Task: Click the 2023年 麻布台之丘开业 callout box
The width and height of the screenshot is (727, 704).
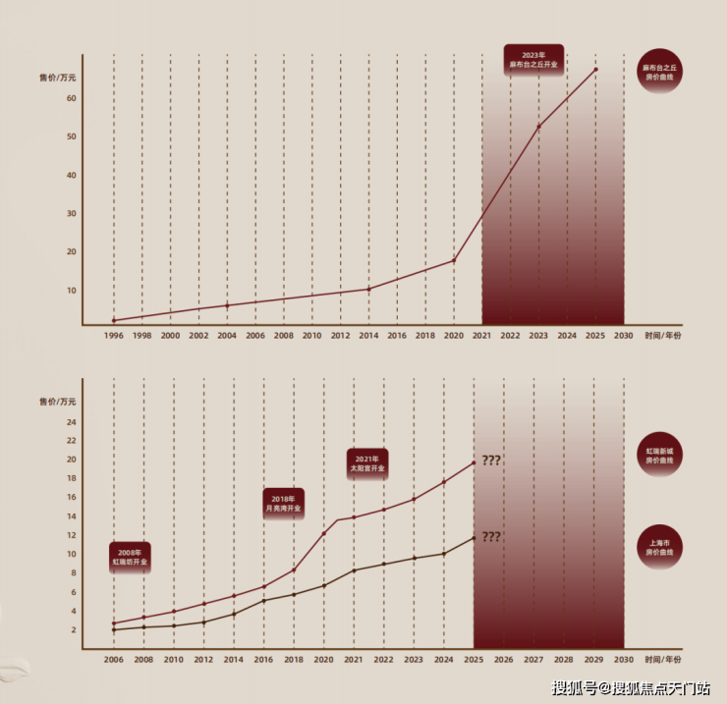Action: click(533, 58)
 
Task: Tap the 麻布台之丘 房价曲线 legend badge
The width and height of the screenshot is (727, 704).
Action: click(660, 72)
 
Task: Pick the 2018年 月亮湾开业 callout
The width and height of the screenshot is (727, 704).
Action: click(284, 505)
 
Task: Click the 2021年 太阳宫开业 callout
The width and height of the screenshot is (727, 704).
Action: click(367, 463)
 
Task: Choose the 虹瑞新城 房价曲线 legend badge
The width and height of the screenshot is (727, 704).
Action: click(660, 455)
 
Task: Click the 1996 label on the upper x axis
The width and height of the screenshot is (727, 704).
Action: click(114, 336)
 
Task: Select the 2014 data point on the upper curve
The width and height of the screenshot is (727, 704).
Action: click(368, 289)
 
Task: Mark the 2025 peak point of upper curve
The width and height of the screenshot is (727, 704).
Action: click(595, 69)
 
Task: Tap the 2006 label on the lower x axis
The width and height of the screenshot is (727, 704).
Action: click(114, 660)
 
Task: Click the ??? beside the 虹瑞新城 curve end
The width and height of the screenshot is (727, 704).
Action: click(491, 460)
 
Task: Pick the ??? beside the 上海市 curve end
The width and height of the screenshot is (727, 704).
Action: click(491, 537)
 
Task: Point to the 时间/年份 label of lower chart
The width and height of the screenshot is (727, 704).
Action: click(663, 660)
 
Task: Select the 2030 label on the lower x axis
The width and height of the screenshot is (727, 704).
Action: click(623, 660)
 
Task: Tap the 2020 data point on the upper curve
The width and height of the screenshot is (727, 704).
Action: click(454, 260)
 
